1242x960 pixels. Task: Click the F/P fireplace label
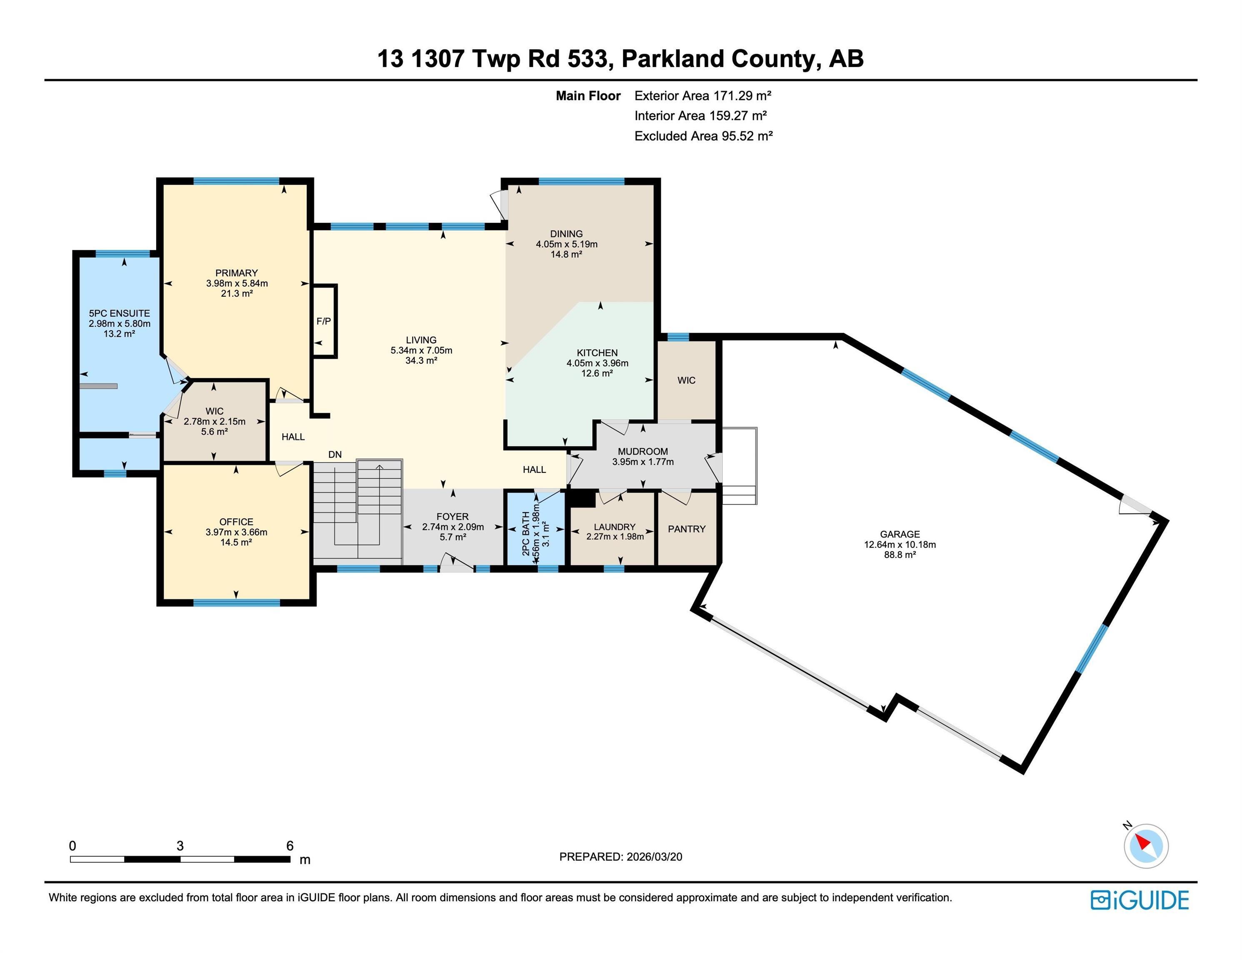click(x=324, y=321)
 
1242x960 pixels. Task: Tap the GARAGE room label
click(x=900, y=534)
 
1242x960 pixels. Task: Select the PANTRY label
click(x=686, y=529)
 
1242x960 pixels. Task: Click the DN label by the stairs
click(x=335, y=455)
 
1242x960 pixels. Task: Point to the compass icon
click(x=1146, y=846)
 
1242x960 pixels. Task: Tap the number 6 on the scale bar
click(x=290, y=846)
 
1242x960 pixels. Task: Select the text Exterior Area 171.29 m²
click(x=702, y=95)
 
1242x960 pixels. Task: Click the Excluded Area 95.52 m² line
click(x=703, y=136)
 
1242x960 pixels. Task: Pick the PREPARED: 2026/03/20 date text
click(x=620, y=857)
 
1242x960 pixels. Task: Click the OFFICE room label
click(x=236, y=522)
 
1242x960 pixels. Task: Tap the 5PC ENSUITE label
click(x=120, y=313)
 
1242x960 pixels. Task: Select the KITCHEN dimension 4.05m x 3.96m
click(x=597, y=363)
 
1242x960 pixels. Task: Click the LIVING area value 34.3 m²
click(x=421, y=360)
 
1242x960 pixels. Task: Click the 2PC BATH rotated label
click(x=526, y=533)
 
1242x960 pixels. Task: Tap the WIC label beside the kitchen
click(x=686, y=380)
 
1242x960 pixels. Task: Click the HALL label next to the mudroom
click(x=534, y=469)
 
